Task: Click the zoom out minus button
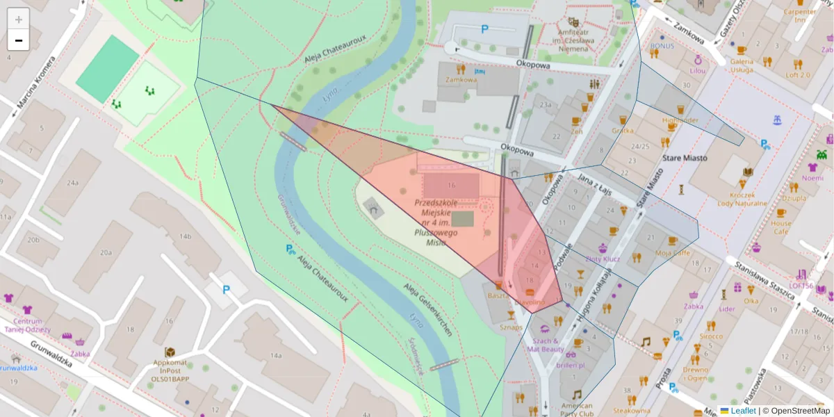18,40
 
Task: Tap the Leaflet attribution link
743,411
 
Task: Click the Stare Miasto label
685,158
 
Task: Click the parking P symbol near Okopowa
484,29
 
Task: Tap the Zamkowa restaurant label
461,79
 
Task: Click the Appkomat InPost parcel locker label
170,371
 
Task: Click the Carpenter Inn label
799,15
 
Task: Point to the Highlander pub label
680,120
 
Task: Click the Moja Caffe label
671,253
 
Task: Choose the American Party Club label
576,409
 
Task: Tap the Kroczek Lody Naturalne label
742,199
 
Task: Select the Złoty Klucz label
603,259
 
